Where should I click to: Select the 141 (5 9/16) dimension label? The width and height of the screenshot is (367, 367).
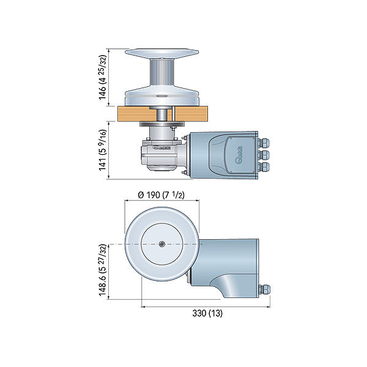(x=103, y=150)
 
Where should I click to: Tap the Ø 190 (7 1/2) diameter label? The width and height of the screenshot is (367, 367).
(x=161, y=195)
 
